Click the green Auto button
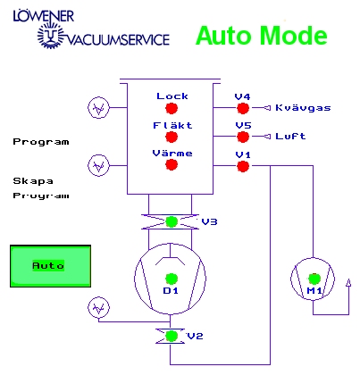(x=50, y=266)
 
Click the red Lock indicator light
(x=172, y=108)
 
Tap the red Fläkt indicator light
(x=172, y=137)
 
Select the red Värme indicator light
(x=172, y=164)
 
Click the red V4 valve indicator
(x=243, y=108)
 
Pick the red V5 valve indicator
(x=243, y=137)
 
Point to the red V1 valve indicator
(x=243, y=166)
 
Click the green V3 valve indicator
(x=172, y=221)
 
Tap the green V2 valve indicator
(x=172, y=336)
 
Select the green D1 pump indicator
(x=172, y=279)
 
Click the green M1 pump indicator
(x=314, y=279)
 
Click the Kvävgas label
(x=303, y=107)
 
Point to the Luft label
(x=290, y=137)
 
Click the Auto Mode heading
(x=262, y=36)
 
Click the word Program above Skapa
(x=41, y=142)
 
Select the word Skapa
(x=33, y=181)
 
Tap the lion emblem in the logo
(x=51, y=35)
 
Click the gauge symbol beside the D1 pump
(x=98, y=307)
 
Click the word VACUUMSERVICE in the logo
(x=118, y=39)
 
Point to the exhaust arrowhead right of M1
(x=348, y=283)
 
